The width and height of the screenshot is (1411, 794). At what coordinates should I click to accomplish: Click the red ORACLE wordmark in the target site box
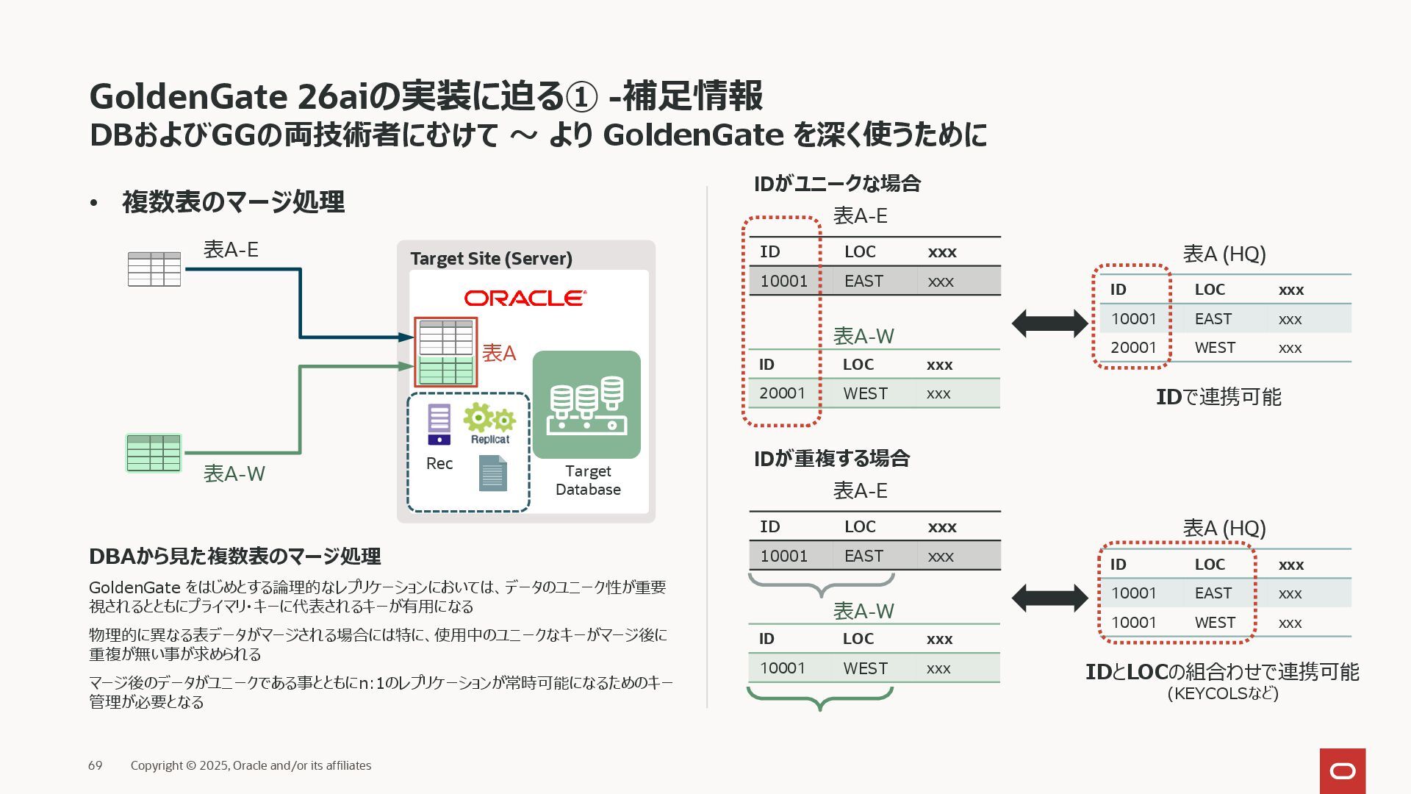[525, 298]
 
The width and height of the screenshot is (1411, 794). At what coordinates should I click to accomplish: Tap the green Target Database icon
[586, 404]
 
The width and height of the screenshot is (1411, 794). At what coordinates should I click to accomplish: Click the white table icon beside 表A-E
[154, 269]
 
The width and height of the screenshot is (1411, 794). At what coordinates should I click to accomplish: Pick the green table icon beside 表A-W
[154, 453]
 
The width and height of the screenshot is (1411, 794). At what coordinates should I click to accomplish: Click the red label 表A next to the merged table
[499, 354]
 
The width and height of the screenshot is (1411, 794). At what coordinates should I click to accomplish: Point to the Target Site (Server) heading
[491, 259]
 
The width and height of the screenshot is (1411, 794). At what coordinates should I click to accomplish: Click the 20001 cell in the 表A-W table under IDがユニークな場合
[782, 393]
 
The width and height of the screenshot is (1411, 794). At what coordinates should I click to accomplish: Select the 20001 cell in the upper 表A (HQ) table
[1133, 348]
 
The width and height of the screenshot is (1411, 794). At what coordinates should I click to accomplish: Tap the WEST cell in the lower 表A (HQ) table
[1215, 623]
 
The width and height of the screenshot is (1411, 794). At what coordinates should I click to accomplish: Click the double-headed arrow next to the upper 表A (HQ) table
[1049, 323]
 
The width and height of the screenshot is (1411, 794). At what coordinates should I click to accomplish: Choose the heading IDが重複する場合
[832, 459]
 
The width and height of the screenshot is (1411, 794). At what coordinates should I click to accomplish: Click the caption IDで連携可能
[1218, 397]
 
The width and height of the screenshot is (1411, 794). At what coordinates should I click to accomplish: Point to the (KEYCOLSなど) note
[1223, 693]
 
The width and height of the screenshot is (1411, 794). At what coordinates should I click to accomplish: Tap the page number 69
[96, 765]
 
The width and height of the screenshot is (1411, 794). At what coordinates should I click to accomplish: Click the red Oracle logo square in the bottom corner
[1343, 770]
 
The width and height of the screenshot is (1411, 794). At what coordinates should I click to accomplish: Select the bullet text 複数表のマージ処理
[233, 202]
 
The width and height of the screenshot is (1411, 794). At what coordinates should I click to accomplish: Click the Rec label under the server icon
[439, 464]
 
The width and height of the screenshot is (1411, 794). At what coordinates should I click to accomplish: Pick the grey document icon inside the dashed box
[492, 473]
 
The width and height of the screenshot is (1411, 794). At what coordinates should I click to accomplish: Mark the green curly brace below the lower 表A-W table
[820, 698]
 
